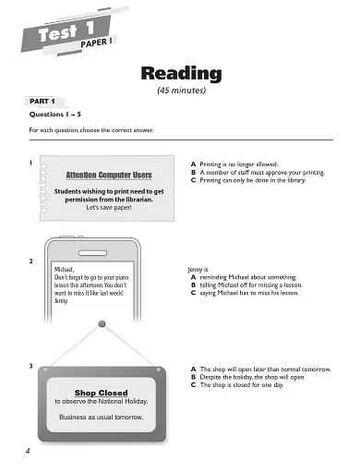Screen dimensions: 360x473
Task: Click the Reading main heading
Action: (180, 73)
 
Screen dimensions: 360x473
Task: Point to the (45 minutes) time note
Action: (180, 91)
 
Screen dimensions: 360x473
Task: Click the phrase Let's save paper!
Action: (110, 208)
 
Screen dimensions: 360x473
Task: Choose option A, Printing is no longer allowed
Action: (245, 163)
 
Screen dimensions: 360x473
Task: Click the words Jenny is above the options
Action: (198, 269)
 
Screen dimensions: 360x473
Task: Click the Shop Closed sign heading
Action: (101, 393)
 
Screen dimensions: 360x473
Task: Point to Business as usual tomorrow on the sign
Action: (101, 417)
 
